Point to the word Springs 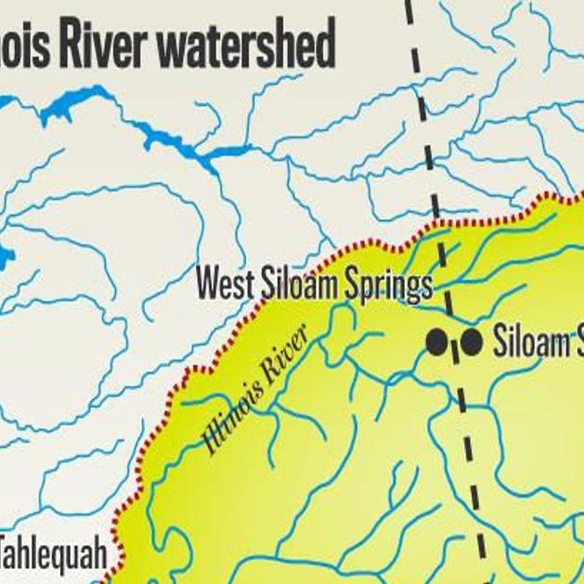pos(388,286)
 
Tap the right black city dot pos(472,342)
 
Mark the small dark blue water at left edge pos(5,255)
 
